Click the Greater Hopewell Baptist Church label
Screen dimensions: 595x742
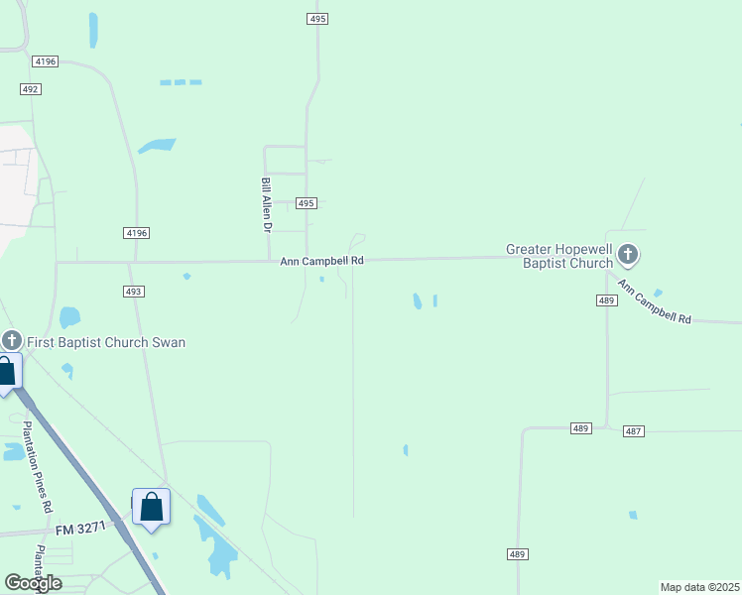[x=559, y=257]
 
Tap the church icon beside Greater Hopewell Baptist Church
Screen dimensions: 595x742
[x=627, y=255]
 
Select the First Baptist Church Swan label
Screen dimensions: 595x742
[x=106, y=342]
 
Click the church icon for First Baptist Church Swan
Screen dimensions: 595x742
[x=11, y=339]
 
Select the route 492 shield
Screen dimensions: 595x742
[x=30, y=89]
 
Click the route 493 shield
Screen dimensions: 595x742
[x=135, y=292]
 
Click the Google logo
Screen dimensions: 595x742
[x=33, y=583]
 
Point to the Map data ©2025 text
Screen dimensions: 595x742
[x=699, y=587]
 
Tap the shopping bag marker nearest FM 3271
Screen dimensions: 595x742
[x=151, y=507]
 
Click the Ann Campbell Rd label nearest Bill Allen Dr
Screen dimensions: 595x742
[x=321, y=261]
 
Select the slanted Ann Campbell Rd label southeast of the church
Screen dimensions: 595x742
[x=654, y=302]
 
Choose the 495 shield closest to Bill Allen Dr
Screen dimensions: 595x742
[x=306, y=203]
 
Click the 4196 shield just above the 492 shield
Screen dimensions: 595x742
[x=45, y=61]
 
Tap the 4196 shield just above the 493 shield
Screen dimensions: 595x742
[x=136, y=233]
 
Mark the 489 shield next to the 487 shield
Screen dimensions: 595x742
[x=581, y=428]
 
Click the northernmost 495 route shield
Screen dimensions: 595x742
[x=315, y=19]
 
